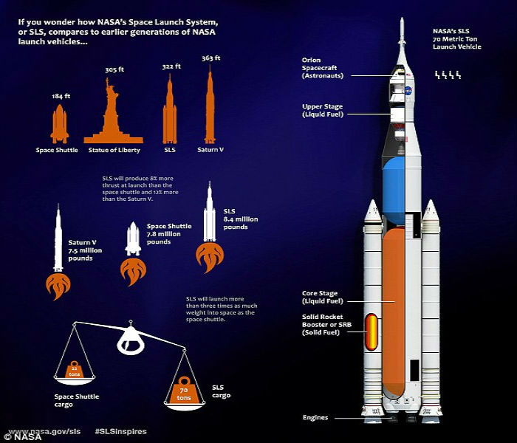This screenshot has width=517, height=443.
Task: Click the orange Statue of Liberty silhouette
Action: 112,118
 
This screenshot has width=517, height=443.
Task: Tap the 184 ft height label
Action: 61,97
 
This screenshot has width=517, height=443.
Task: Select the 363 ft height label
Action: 211,58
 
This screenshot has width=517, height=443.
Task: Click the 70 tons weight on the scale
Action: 185,391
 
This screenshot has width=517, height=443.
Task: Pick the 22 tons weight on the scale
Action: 74,371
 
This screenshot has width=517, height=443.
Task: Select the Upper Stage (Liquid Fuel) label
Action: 323,110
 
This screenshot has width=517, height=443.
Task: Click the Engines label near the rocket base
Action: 315,417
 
